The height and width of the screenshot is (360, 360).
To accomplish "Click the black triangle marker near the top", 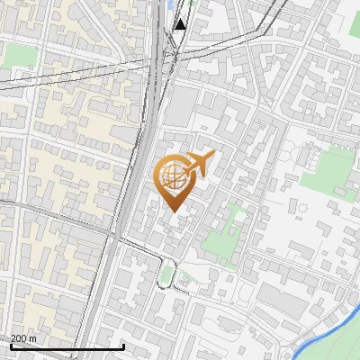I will click(x=181, y=24).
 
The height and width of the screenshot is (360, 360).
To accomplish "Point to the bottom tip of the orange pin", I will click(x=173, y=212).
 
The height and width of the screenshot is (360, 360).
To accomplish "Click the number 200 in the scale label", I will click(x=19, y=338).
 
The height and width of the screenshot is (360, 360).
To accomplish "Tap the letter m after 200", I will click(x=32, y=338).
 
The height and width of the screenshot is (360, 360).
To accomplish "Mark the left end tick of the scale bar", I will click(x=11, y=346).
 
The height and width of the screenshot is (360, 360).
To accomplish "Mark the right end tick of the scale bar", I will click(x=123, y=346).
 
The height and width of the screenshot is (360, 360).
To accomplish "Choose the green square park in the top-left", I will click(x=19, y=55).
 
